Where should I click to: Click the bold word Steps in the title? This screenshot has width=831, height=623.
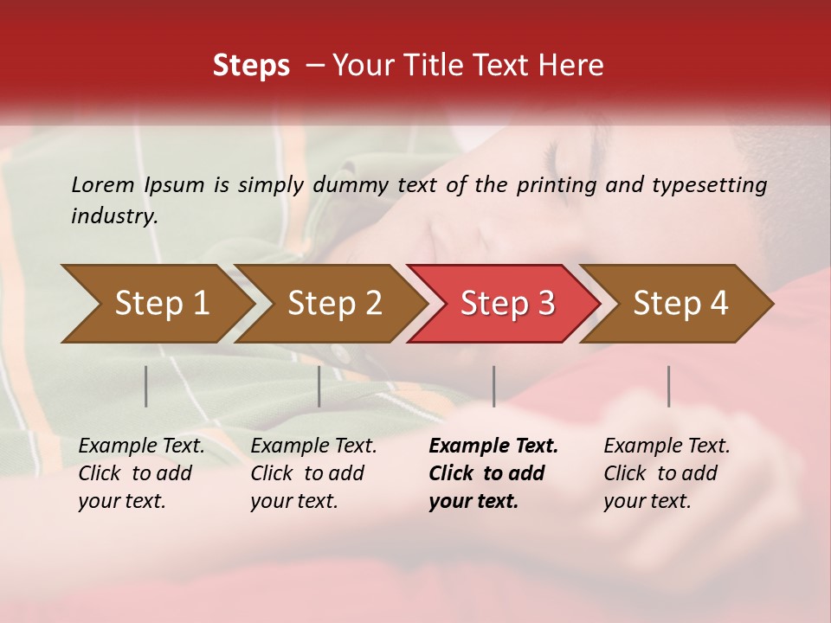[251, 66]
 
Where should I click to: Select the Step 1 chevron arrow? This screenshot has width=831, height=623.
[156, 304]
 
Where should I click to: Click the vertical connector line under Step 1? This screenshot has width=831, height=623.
[146, 386]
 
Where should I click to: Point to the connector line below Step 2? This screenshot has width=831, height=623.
[319, 386]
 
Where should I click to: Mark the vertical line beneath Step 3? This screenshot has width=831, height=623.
[493, 386]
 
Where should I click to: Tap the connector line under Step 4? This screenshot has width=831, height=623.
[668, 386]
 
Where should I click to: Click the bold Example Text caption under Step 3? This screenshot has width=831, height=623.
[493, 473]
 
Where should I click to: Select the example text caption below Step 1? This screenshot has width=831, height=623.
[141, 473]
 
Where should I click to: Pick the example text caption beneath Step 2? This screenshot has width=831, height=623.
[313, 473]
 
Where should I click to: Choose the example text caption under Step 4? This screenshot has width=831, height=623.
[667, 473]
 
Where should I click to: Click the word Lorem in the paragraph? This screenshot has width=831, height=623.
[102, 185]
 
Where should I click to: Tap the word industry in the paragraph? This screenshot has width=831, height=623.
[113, 216]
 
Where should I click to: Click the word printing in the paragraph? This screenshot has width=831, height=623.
[557, 185]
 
